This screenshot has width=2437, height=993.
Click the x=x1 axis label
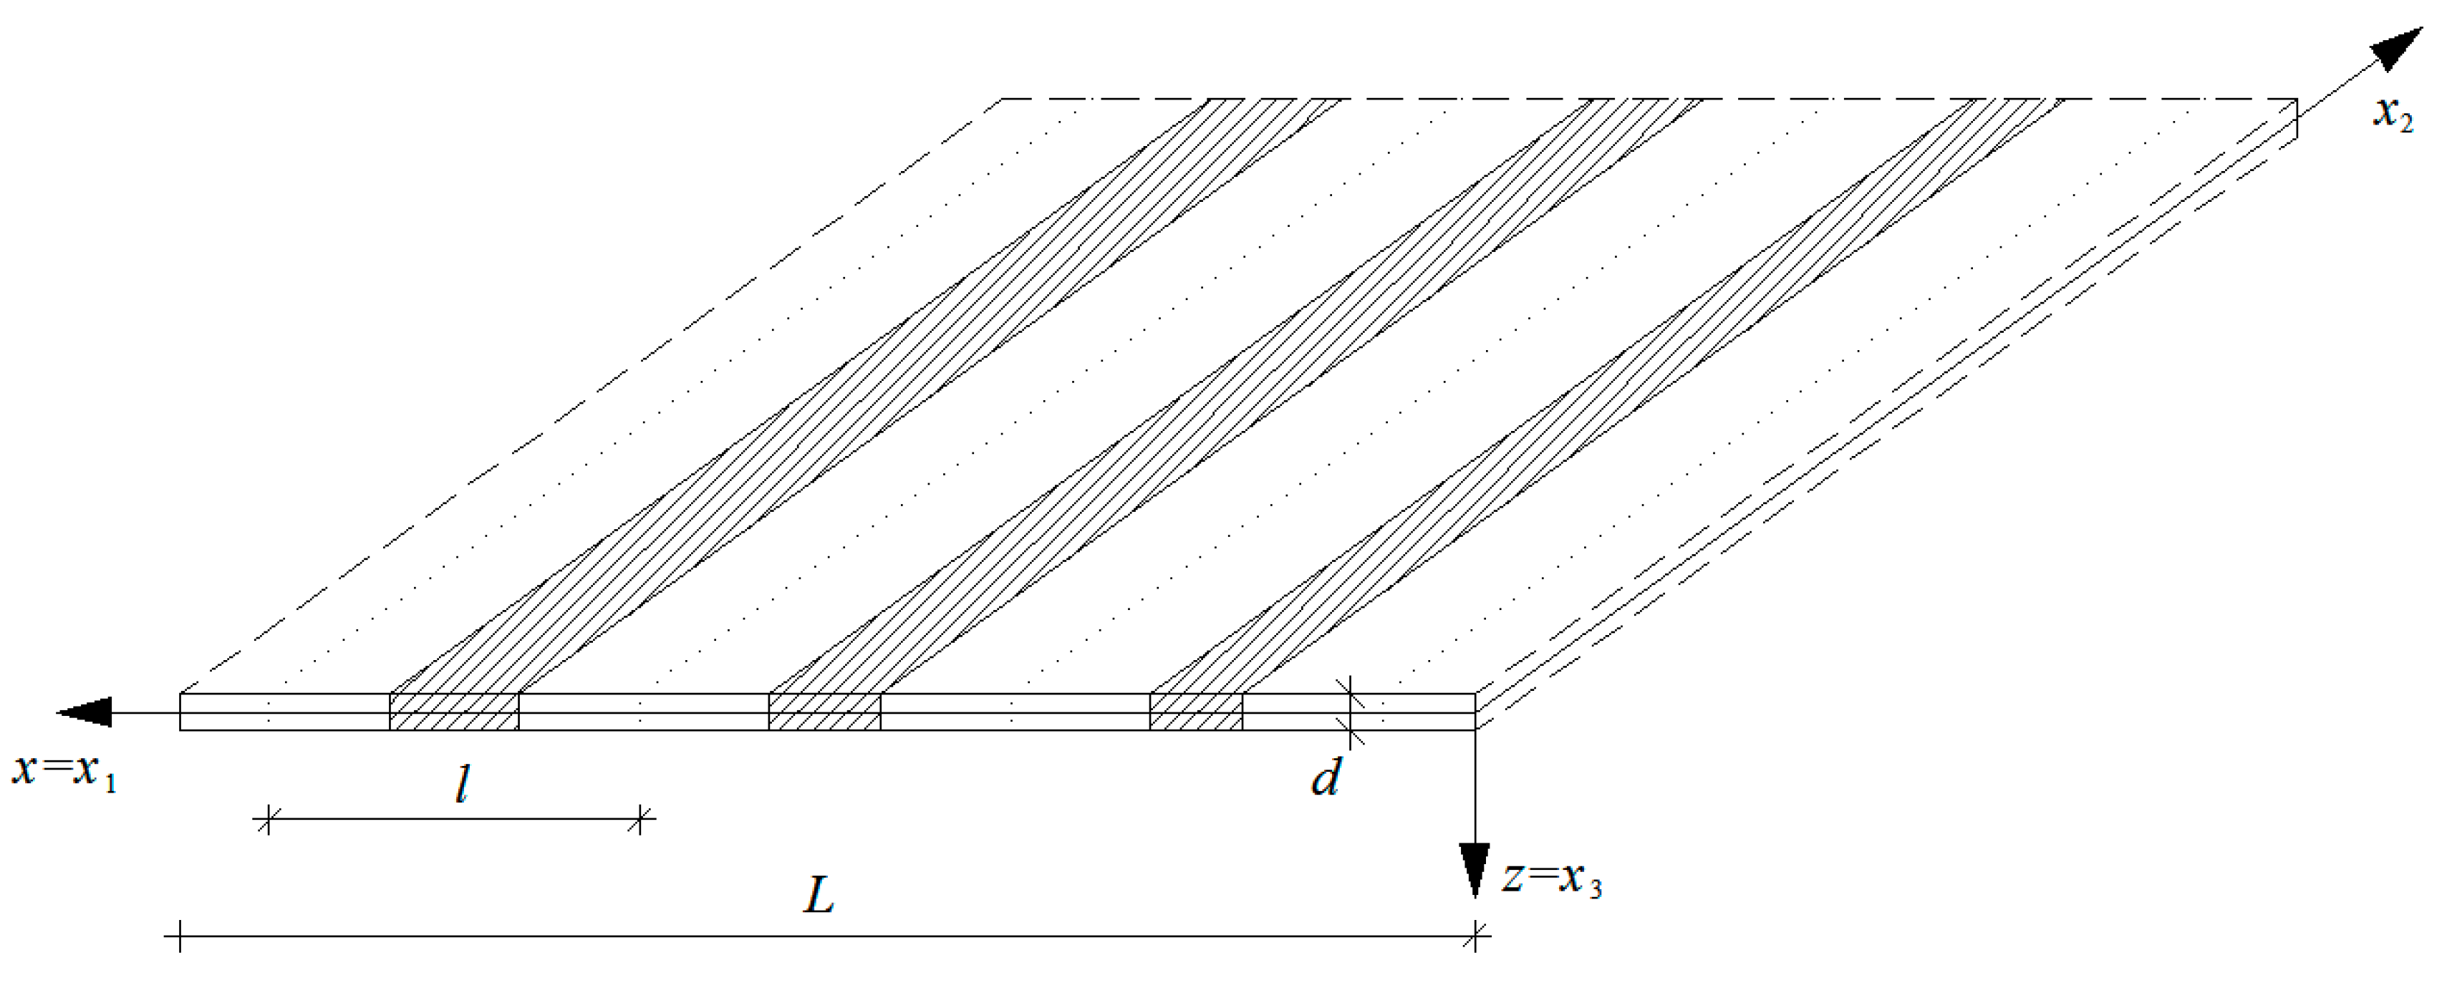(64, 771)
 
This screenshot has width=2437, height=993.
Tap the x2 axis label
(2393, 115)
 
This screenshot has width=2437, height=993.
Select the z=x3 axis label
(1553, 879)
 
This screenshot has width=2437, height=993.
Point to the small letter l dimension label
(462, 784)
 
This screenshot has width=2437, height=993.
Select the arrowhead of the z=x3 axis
(1474, 868)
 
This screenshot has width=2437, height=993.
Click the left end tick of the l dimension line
(268, 819)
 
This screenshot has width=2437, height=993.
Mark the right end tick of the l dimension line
(640, 819)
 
